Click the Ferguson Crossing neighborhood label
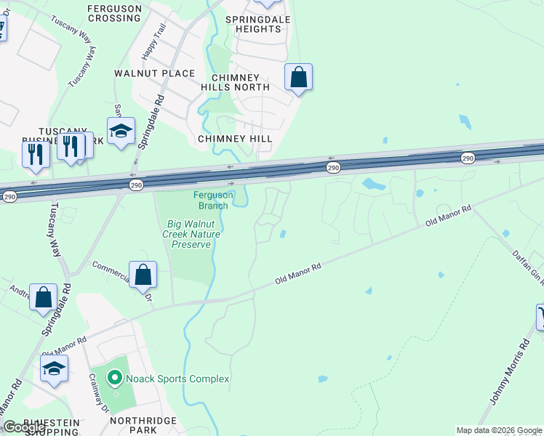click(113, 13)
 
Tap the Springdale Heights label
click(253, 24)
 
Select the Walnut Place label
click(155, 73)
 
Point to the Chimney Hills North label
click(236, 82)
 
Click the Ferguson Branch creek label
click(213, 200)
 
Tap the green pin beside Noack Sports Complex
click(113, 379)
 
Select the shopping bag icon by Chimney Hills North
click(298, 76)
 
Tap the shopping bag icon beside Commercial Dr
click(143, 275)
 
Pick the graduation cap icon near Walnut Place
click(121, 131)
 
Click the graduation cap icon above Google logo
click(54, 368)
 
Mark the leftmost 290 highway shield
click(9, 197)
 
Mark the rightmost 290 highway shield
click(468, 158)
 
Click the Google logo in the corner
click(24, 427)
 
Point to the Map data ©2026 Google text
click(499, 430)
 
